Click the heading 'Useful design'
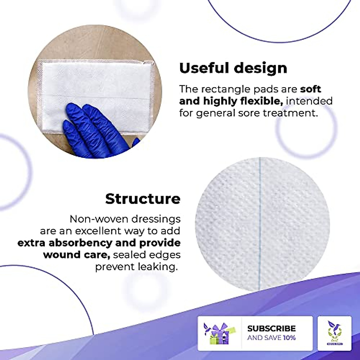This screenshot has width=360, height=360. click(x=233, y=68)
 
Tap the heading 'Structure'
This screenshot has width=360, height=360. click(x=143, y=199)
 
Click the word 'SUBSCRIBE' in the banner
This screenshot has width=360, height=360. click(x=271, y=328)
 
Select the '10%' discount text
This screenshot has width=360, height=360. click(x=289, y=338)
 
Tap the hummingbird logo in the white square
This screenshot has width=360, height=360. click(x=334, y=332)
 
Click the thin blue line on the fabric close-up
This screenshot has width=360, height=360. click(x=260, y=222)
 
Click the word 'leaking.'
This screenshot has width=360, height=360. click(x=158, y=267)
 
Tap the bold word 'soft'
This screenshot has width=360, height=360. click(x=310, y=89)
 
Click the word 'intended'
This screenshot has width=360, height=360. click(x=309, y=101)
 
